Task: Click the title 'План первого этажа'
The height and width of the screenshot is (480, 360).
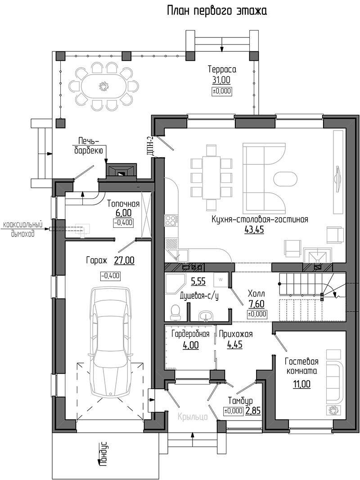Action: [217, 11]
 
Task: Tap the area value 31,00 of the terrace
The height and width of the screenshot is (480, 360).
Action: [221, 80]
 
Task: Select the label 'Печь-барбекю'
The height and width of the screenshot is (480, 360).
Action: [89, 146]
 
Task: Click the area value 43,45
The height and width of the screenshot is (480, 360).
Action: [254, 230]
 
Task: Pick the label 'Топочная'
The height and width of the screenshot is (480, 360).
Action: [123, 204]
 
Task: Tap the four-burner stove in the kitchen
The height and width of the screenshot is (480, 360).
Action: [171, 221]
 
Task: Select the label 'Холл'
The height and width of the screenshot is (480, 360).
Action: [256, 294]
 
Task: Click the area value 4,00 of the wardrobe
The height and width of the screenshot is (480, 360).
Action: [190, 345]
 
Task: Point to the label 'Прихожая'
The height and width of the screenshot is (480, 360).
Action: [236, 334]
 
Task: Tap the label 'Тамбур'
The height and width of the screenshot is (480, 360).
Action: [240, 401]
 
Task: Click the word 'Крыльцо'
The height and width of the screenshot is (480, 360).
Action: [193, 417]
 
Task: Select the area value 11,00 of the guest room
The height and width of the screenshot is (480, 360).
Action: [301, 384]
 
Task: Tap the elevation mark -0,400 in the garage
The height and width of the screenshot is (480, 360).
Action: [110, 276]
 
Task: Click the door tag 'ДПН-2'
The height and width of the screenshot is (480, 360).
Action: [150, 145]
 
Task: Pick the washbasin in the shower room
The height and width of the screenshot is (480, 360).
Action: [207, 315]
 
